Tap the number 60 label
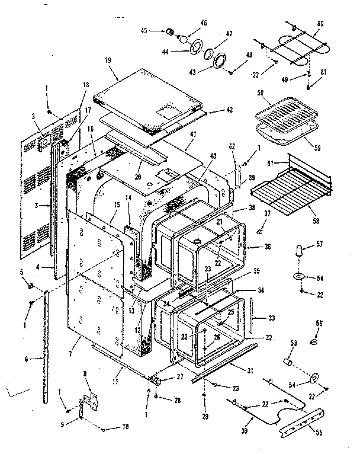pyautogui.click(x=320, y=23)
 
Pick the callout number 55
pyautogui.click(x=319, y=433)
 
